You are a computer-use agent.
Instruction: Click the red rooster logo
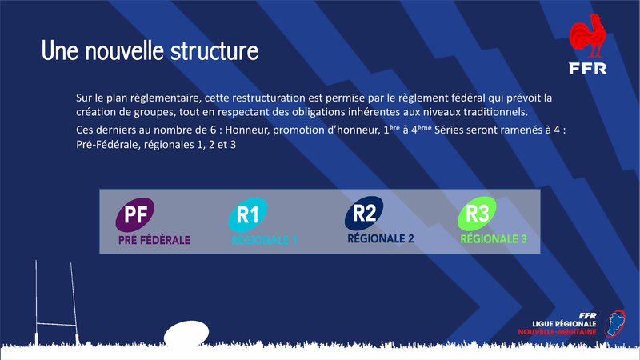pyautogui.click(x=588, y=36)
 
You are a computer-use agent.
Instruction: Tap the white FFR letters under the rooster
pyautogui.click(x=588, y=69)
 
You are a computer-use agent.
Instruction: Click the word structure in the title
pyautogui.click(x=214, y=51)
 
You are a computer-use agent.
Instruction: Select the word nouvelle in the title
pyautogui.click(x=126, y=50)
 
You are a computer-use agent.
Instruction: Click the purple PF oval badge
pyautogui.click(x=134, y=214)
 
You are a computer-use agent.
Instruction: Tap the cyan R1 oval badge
pyautogui.click(x=248, y=214)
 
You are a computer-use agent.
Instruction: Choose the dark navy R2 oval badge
pyautogui.click(x=364, y=214)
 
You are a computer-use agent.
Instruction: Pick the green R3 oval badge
pyautogui.click(x=477, y=214)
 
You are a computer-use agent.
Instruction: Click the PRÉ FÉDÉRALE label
pyautogui.click(x=154, y=240)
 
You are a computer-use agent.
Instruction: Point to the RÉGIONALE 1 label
pyautogui.click(x=265, y=241)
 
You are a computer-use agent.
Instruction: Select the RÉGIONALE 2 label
pyautogui.click(x=381, y=238)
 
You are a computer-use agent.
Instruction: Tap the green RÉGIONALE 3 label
pyautogui.click(x=494, y=238)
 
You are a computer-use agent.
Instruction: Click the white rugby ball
pyautogui.click(x=186, y=334)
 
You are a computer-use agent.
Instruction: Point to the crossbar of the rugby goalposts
pyautogui.click(x=56, y=325)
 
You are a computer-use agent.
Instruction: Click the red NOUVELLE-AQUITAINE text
pyautogui.click(x=557, y=332)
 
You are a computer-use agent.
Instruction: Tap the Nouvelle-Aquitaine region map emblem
pyautogui.click(x=615, y=324)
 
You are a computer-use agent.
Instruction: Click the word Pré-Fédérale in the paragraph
pyautogui.click(x=107, y=145)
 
